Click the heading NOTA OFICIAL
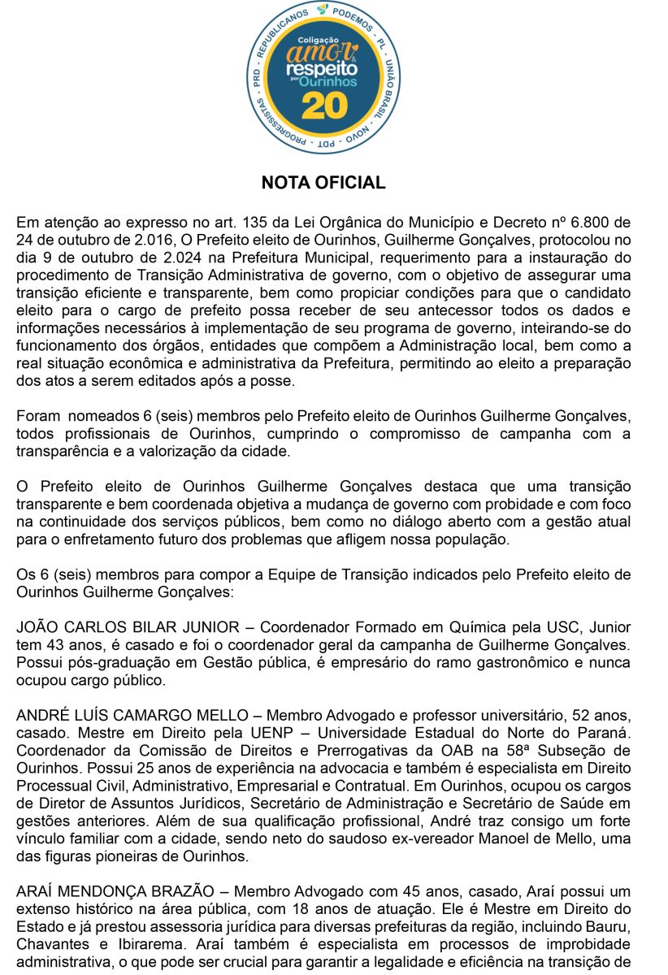click(323, 183)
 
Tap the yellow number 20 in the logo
click(324, 106)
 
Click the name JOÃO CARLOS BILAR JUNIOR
click(128, 627)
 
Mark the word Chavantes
click(50, 944)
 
